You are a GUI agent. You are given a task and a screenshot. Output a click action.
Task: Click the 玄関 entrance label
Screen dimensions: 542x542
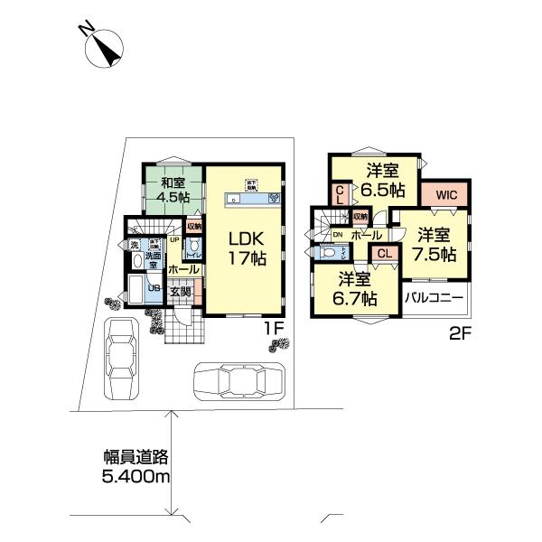pyautogui.click(x=180, y=291)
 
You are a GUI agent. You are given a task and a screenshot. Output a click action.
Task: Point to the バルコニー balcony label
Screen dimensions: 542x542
pyautogui.click(x=434, y=297)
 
